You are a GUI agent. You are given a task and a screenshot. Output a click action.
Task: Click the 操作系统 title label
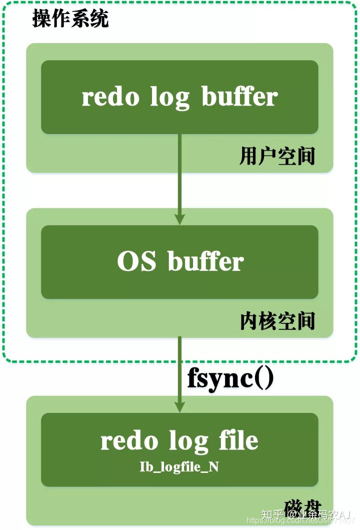70,20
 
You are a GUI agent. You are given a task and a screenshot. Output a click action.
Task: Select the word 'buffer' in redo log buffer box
239,97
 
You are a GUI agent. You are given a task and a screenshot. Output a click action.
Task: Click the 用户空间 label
277,156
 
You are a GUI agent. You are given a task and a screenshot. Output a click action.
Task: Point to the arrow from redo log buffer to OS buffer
179,175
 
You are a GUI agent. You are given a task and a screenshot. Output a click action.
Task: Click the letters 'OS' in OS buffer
136,262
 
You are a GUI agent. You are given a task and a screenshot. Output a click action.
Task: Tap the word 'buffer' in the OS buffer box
205,262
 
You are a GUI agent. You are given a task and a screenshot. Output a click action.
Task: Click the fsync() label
230,378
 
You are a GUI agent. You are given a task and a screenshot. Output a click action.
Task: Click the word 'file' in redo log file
238,441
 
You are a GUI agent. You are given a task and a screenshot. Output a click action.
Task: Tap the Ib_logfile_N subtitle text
179,466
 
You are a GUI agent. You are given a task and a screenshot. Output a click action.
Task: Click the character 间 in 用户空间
305,156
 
